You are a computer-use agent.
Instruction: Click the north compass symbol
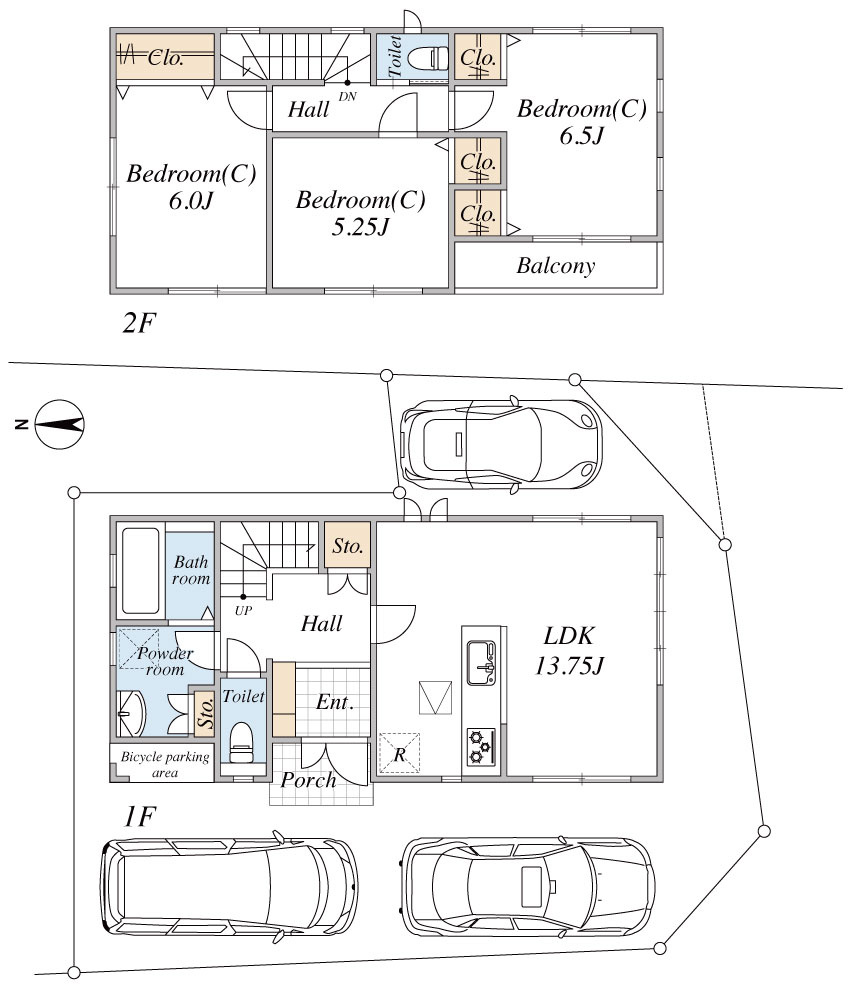coord(59,424)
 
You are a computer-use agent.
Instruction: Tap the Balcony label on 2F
coord(556,266)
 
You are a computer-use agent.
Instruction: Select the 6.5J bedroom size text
coord(582,136)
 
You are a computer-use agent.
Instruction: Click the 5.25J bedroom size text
coord(360,226)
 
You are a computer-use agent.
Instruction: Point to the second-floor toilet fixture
coord(428,59)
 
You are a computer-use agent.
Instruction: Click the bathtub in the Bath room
coord(140,571)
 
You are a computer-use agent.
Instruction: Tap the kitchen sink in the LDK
coord(481,662)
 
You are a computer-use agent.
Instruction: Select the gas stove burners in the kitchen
coord(481,746)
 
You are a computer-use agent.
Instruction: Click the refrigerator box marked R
coord(399,753)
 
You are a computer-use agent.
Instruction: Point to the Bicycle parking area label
coord(165,764)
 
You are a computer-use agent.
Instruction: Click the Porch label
coord(308,780)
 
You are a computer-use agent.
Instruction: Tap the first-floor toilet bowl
coord(241,742)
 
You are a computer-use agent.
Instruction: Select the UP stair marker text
coord(243,611)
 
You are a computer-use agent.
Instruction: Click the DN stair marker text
coord(348,97)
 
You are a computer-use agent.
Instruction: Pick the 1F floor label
coord(139,817)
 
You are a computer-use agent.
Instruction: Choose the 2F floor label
coord(139,324)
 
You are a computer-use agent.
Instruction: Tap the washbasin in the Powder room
coord(132,714)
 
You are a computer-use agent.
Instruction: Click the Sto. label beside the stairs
coord(348,546)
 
